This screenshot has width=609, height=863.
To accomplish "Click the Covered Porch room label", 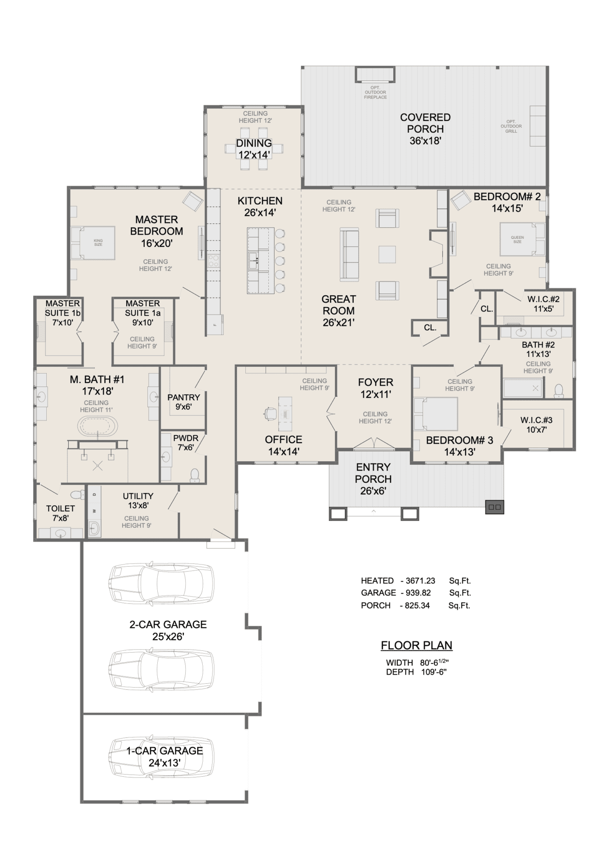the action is (x=425, y=129).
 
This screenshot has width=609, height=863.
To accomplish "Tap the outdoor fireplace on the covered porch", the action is (x=375, y=75).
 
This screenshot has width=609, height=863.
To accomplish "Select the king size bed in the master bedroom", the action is (x=93, y=243).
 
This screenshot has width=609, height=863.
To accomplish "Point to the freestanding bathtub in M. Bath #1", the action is (x=98, y=425).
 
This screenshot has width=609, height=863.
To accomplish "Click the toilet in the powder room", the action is (x=195, y=476).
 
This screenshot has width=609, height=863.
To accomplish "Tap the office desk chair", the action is (x=270, y=413).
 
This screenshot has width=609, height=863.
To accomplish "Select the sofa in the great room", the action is (x=349, y=254).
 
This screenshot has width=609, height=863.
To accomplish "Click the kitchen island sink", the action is (x=253, y=258).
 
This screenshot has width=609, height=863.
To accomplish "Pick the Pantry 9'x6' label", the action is (x=183, y=402).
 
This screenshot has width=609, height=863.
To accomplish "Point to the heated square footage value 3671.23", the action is (x=420, y=581).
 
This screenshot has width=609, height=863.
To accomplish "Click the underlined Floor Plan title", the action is (x=417, y=645).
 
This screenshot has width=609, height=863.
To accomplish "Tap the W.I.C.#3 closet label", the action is (x=536, y=425).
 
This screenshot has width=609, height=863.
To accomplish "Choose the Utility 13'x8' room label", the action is (x=138, y=500).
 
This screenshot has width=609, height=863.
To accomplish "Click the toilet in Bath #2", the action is (x=559, y=391).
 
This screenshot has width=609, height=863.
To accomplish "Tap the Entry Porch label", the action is (x=373, y=479).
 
